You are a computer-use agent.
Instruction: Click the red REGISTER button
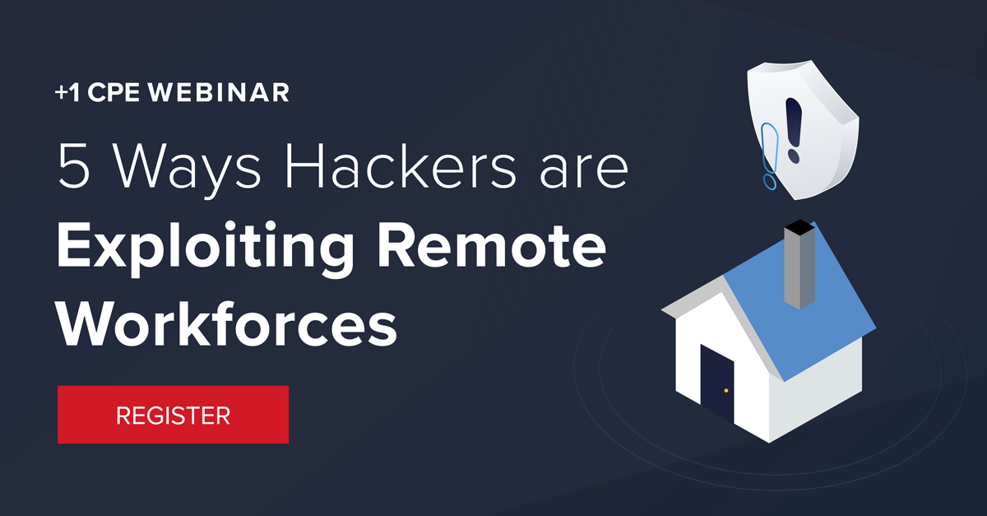pos(173,415)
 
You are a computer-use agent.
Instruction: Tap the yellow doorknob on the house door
pos(726,390)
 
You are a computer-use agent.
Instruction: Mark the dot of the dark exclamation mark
pos(793,155)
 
